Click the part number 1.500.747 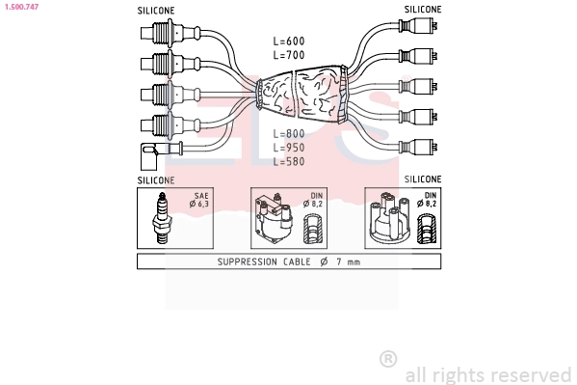(22, 7)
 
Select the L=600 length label (289, 41)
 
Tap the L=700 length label (289, 55)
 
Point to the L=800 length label (289, 133)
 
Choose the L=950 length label (289, 148)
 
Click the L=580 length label (289, 161)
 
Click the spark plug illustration (162, 217)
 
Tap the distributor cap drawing (390, 218)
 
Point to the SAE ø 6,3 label (199, 200)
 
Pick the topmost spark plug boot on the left (170, 33)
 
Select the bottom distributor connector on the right (418, 147)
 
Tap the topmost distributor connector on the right (418, 25)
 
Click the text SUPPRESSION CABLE (264, 261)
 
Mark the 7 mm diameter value (348, 261)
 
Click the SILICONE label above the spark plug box (156, 180)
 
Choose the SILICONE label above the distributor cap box (423, 179)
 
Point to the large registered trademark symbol (388, 359)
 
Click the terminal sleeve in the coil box (313, 230)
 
